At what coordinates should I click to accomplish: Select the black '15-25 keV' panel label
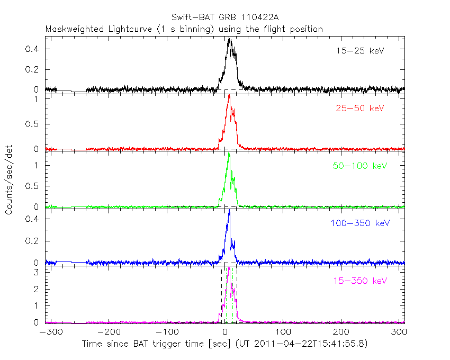pos(359,51)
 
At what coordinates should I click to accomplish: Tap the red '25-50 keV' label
pos(359,109)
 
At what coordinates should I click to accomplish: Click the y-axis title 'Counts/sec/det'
pos(9,180)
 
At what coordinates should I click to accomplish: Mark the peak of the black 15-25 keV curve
pos(229,38)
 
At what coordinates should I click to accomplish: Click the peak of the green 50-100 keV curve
pos(229,154)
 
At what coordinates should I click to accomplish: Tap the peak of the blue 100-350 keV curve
pos(229,211)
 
